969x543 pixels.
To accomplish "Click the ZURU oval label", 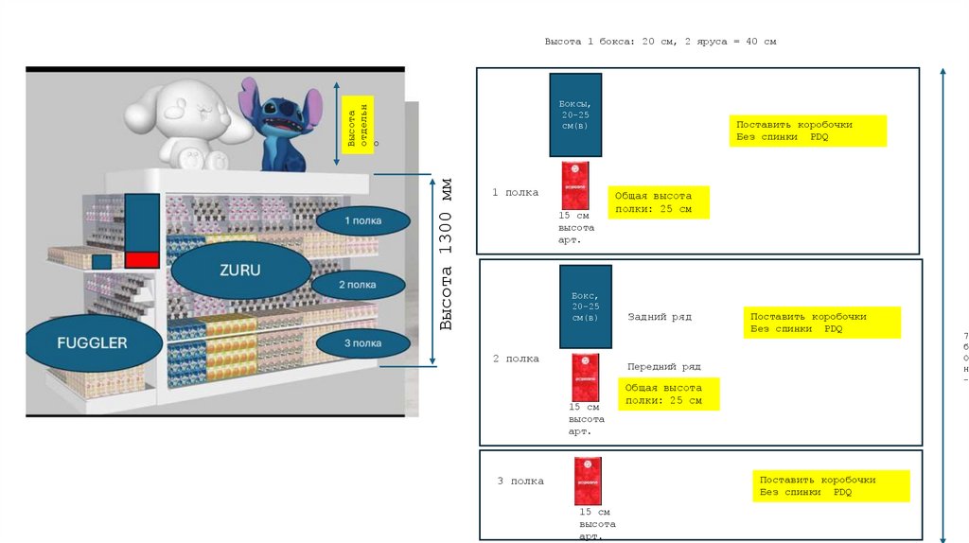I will tap(240, 270).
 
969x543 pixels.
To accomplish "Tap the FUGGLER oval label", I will tap(92, 342).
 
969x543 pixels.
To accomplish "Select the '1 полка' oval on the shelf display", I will tap(362, 220).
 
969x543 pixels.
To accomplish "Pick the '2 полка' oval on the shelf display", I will tap(357, 285).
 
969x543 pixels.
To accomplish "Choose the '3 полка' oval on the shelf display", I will tap(362, 342).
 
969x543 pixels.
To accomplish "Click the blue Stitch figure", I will tap(281, 123).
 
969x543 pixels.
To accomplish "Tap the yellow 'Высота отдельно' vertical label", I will tap(358, 125).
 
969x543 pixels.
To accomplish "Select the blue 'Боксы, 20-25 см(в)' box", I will tap(575, 114).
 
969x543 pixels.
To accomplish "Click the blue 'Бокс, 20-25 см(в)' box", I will tap(585, 307).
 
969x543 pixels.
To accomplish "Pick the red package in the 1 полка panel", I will tap(574, 185).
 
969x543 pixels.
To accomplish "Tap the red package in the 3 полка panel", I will tap(588, 481).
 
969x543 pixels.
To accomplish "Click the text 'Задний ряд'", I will tap(660, 317).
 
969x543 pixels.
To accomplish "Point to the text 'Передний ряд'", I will tap(663, 366).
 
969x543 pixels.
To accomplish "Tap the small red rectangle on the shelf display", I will tap(142, 259).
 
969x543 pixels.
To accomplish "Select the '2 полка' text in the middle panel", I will tap(516, 359).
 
